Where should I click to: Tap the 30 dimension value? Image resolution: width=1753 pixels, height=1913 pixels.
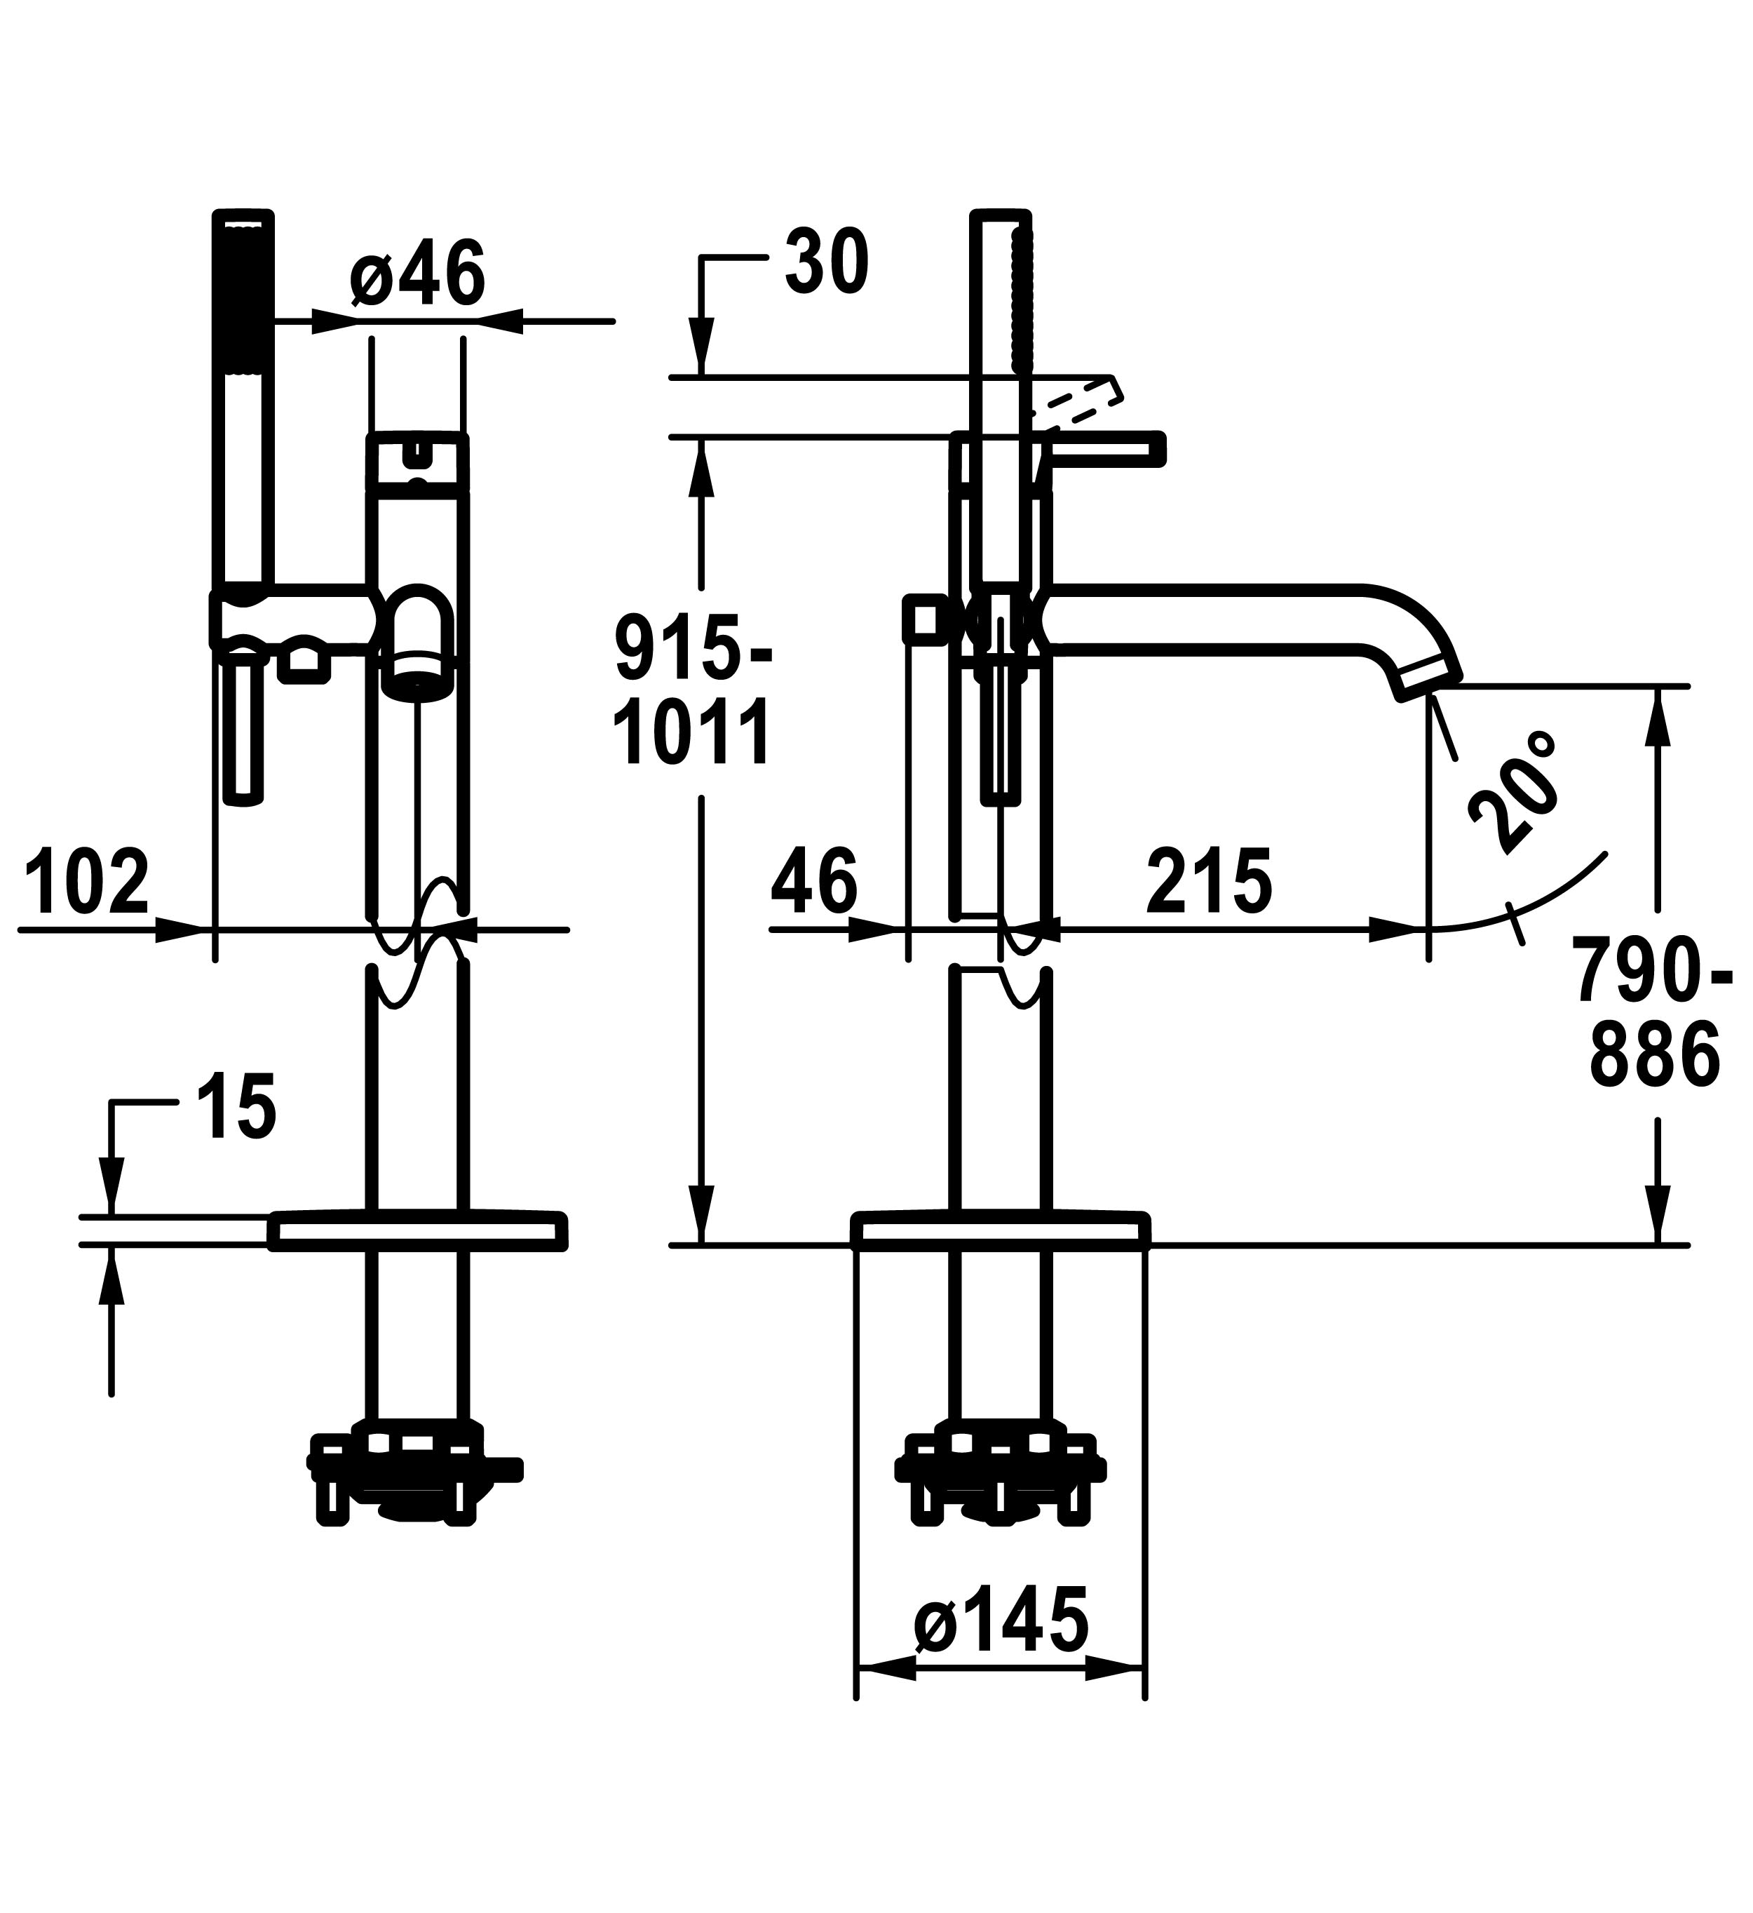(826, 262)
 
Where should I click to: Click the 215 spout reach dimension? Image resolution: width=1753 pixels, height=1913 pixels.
(1210, 882)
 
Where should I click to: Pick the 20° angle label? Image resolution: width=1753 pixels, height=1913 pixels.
(1515, 791)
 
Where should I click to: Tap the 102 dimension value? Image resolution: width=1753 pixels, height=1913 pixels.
(87, 882)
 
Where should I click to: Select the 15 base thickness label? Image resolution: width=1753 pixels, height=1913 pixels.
(237, 1106)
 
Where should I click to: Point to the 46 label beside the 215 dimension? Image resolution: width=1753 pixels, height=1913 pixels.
(815, 882)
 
